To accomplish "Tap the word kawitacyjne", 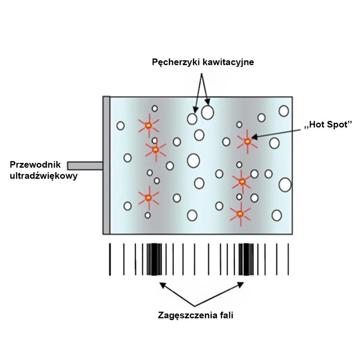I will tap(227, 63).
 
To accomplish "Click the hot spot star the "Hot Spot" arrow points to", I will tap(247, 141).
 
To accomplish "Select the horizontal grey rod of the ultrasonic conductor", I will tap(85, 165).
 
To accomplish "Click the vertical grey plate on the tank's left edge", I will tap(106, 165).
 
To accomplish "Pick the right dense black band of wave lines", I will tap(246, 259).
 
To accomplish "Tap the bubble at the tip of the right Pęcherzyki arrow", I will tap(207, 112).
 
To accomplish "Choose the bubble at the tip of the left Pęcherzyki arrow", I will tap(192, 119).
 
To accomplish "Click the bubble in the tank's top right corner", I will tap(283, 111).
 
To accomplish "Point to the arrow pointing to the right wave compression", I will tap(220, 293).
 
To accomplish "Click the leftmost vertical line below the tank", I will tap(110, 259).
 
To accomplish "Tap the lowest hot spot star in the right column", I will tap(240, 213).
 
